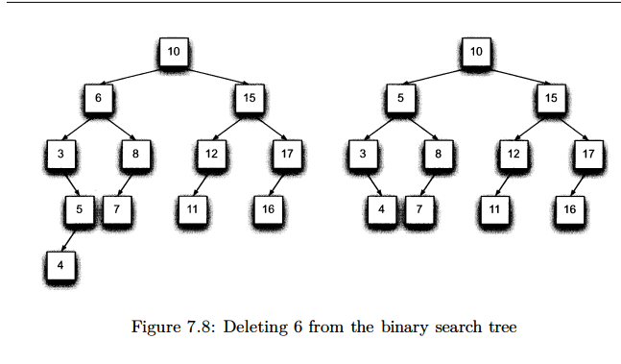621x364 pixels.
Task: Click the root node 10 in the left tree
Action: [x=174, y=51]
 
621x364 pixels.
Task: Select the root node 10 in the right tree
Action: [x=476, y=51]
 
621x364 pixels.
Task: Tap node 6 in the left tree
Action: [x=98, y=98]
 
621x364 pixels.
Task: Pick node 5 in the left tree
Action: [x=80, y=207]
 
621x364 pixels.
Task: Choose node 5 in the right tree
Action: [x=400, y=98]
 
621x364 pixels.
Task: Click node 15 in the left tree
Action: [x=249, y=98]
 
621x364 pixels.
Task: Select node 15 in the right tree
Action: [x=552, y=98]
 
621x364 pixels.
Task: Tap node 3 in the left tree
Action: [x=60, y=153]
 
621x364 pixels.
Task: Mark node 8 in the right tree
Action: [x=438, y=153]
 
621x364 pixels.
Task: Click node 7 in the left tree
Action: [x=116, y=207]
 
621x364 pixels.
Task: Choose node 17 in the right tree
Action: [x=588, y=153]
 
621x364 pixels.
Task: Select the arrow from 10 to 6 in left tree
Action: [x=134, y=75]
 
